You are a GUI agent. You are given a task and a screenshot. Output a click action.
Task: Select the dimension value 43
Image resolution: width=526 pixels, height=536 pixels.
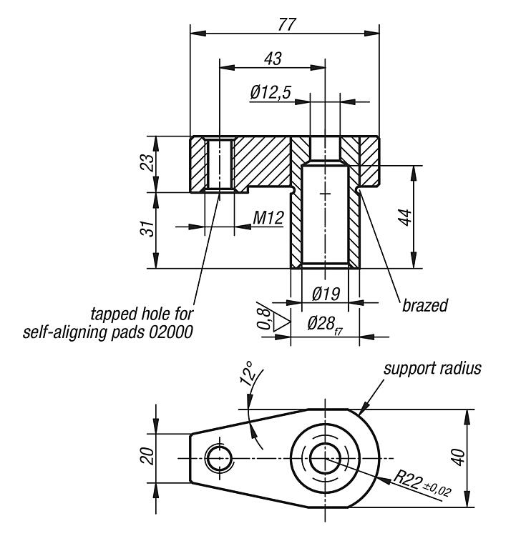pyautogui.click(x=272, y=58)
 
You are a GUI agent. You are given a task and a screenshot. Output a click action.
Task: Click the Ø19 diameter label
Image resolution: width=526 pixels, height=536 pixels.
pyautogui.click(x=325, y=294)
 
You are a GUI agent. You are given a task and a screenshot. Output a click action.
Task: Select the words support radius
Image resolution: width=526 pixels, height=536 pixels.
pyautogui.click(x=432, y=369)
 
